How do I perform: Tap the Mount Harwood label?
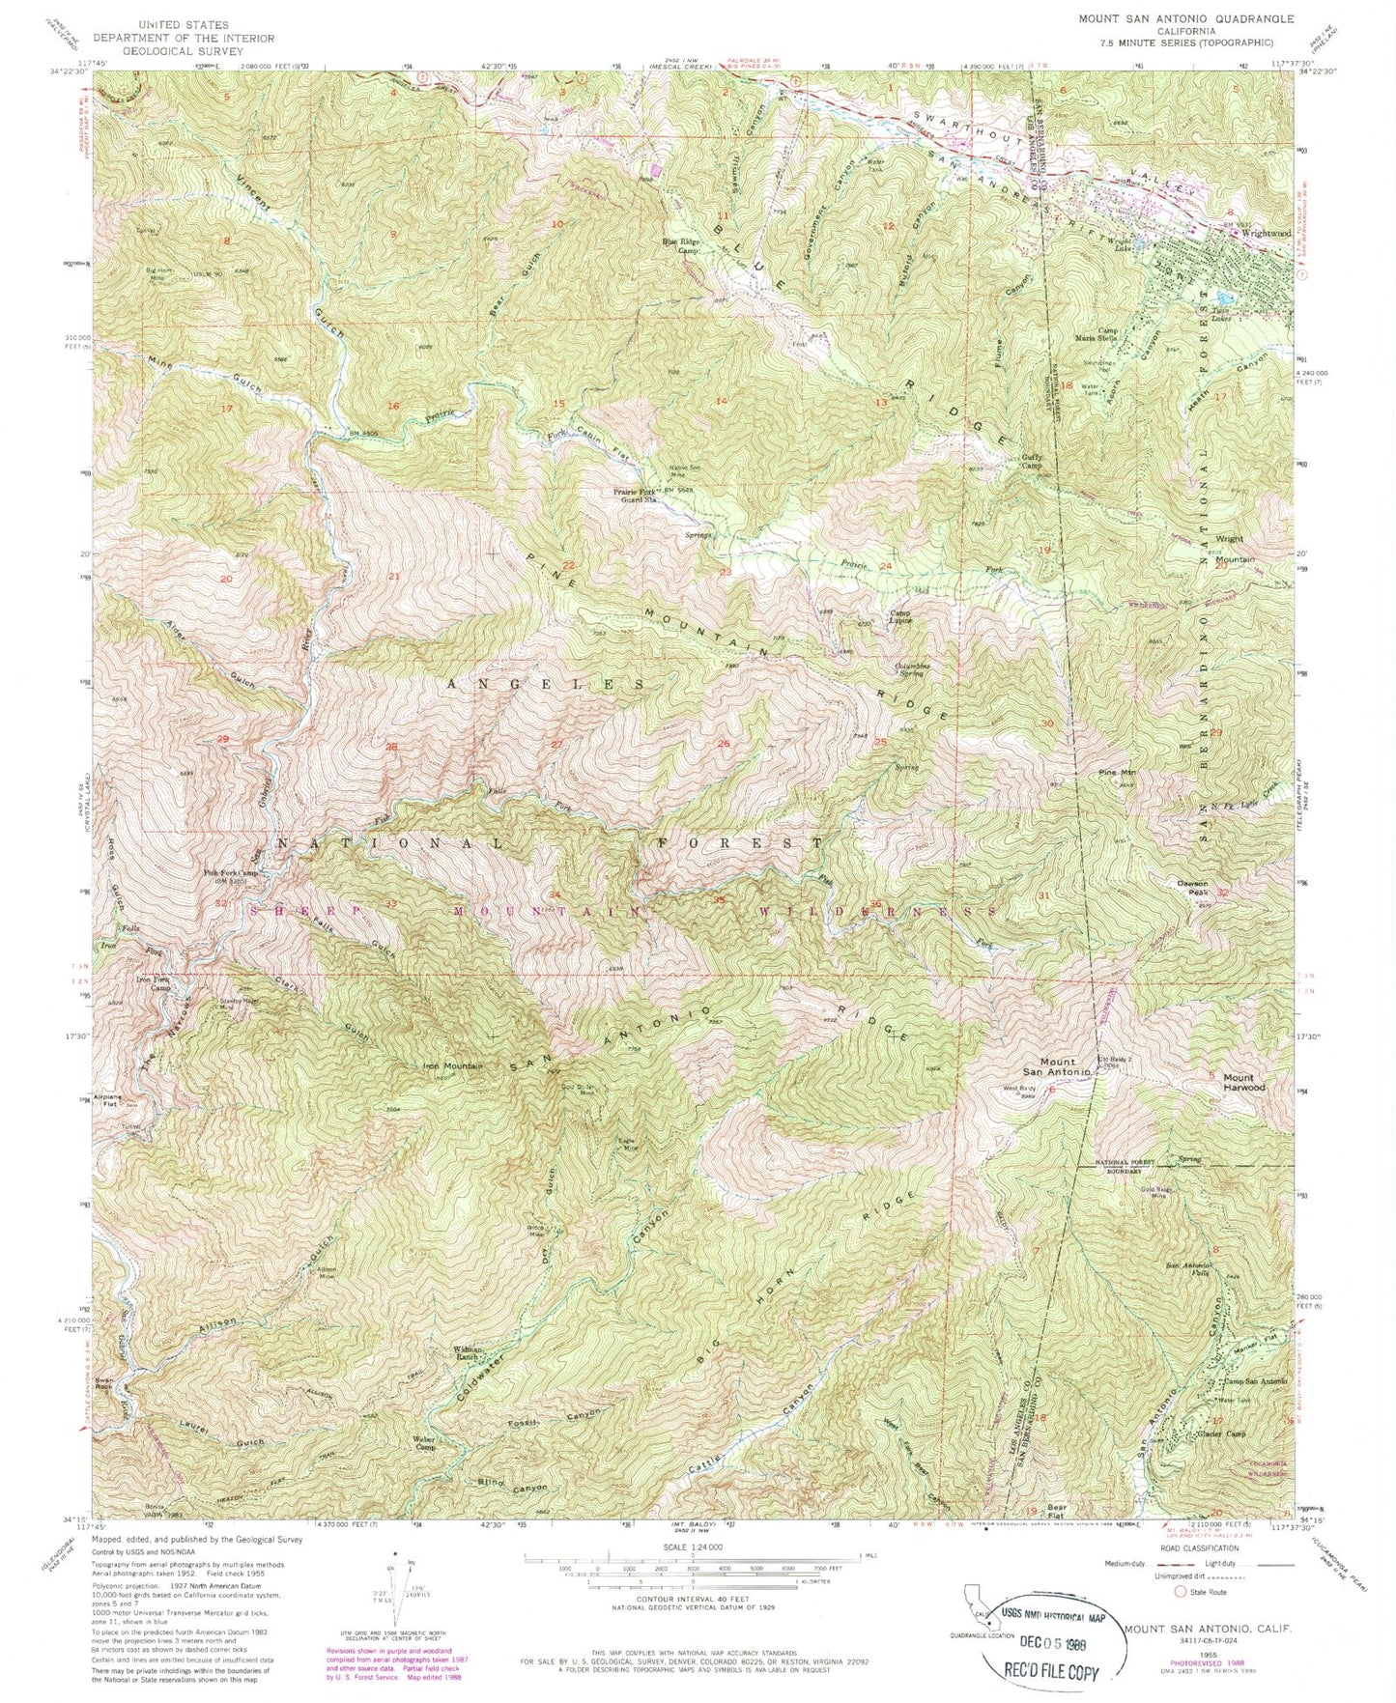(x=1244, y=1082)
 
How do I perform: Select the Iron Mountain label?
(x=453, y=1066)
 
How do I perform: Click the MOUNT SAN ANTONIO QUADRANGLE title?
(x=1164, y=18)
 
